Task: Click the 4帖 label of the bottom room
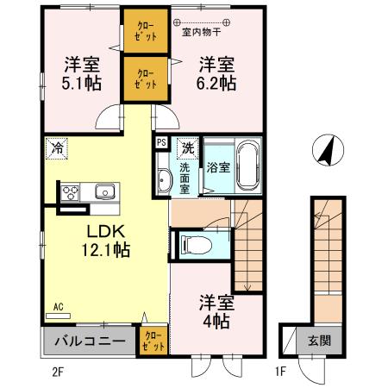coord(216,321)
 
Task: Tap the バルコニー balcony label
coord(89,341)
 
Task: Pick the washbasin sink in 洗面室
coord(165,179)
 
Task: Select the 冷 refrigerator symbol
coord(55,147)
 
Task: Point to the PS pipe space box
coord(161,143)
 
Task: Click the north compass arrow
coord(326,152)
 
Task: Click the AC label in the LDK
coord(59,306)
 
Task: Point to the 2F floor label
coord(59,372)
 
